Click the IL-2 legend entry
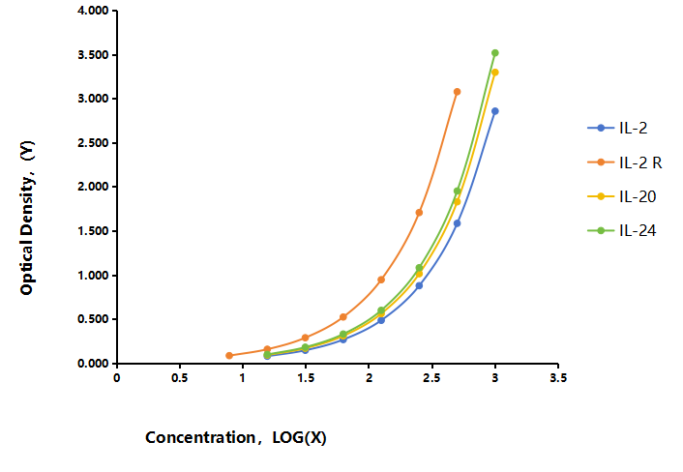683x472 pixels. click(617, 128)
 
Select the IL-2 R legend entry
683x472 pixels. click(625, 162)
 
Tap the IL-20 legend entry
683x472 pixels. click(622, 196)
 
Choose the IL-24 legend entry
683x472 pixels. click(622, 230)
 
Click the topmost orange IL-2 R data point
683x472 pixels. click(457, 92)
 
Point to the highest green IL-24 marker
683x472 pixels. click(494, 53)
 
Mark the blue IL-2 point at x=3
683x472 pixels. click(494, 111)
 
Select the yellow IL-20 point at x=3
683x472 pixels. click(494, 73)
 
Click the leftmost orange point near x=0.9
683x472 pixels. click(229, 356)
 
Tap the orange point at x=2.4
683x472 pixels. click(419, 213)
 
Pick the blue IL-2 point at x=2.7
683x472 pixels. click(457, 223)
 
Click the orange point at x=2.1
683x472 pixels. click(381, 280)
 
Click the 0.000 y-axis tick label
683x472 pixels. click(93, 364)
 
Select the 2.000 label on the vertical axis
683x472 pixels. click(93, 188)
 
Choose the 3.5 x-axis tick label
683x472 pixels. click(558, 378)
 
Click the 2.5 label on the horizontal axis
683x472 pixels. click(432, 378)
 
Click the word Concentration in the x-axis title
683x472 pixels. click(200, 437)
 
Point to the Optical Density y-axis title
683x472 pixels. click(27, 218)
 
